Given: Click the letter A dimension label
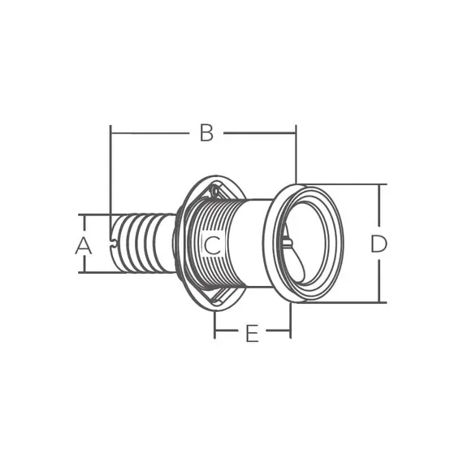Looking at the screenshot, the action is click(x=84, y=245).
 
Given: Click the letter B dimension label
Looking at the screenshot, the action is click(x=206, y=133).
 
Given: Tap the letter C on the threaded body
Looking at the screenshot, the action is click(x=212, y=245).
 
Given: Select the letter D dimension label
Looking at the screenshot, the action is click(x=379, y=244).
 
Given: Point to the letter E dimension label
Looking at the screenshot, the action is click(x=252, y=333).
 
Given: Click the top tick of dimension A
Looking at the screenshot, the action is click(x=84, y=214).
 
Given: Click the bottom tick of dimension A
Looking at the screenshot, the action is click(x=84, y=272).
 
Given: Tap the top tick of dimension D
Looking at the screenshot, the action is click(x=379, y=184).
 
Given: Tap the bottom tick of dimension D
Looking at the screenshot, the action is click(x=379, y=302).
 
